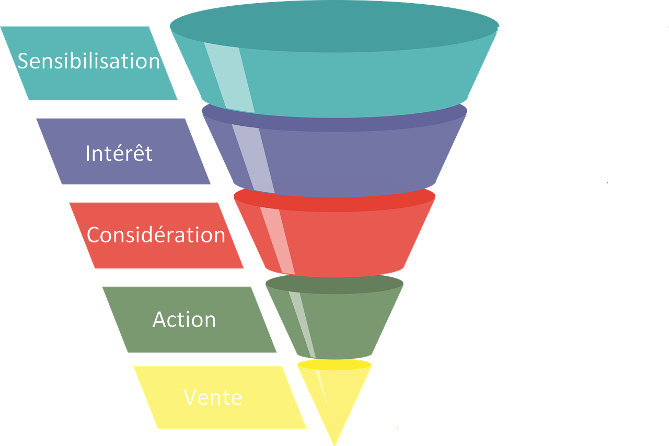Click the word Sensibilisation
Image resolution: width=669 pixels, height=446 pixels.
(89, 61)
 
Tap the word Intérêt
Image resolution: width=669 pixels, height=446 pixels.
(119, 152)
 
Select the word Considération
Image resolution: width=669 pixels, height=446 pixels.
(156, 234)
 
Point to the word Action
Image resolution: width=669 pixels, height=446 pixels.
(184, 320)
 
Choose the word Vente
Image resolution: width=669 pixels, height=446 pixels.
(213, 397)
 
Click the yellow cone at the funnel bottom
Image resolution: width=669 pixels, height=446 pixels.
(334, 394)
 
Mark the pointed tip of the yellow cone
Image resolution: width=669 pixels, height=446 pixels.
(334, 445)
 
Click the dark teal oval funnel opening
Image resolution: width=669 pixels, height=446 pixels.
(334, 26)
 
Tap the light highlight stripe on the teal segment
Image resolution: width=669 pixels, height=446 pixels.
(229, 78)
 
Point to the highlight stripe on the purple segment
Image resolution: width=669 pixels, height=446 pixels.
(253, 158)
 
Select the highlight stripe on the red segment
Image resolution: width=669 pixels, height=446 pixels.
(278, 241)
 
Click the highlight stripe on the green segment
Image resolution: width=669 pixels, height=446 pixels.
(302, 324)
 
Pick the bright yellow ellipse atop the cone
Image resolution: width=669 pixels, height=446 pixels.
(334, 365)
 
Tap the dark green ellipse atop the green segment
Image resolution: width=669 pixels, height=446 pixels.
(334, 284)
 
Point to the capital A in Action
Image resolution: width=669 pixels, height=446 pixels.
(160, 320)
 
